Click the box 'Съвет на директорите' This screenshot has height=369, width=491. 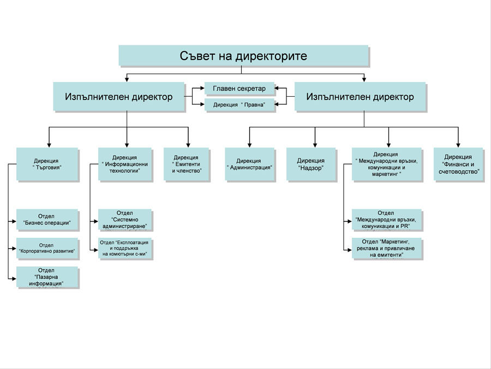[243, 56]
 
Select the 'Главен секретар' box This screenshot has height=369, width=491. [239, 88]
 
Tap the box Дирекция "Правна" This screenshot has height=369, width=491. [239, 104]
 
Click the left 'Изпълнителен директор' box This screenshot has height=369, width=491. [118, 97]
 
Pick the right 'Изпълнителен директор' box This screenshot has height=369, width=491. [360, 97]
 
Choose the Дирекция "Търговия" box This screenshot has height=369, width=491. [46, 164]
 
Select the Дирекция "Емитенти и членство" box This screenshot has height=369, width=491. [186, 164]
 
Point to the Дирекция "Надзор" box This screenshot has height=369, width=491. [310, 164]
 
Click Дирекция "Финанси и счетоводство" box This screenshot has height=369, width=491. [458, 164]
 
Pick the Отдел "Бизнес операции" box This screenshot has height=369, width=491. [47, 220]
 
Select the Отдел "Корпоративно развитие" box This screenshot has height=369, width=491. [47, 248]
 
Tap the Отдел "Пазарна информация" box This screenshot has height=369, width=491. [47, 277]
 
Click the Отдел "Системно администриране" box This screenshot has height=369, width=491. [125, 219]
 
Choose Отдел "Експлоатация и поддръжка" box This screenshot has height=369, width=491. [125, 248]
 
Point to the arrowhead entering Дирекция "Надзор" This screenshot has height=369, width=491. [315, 144]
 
